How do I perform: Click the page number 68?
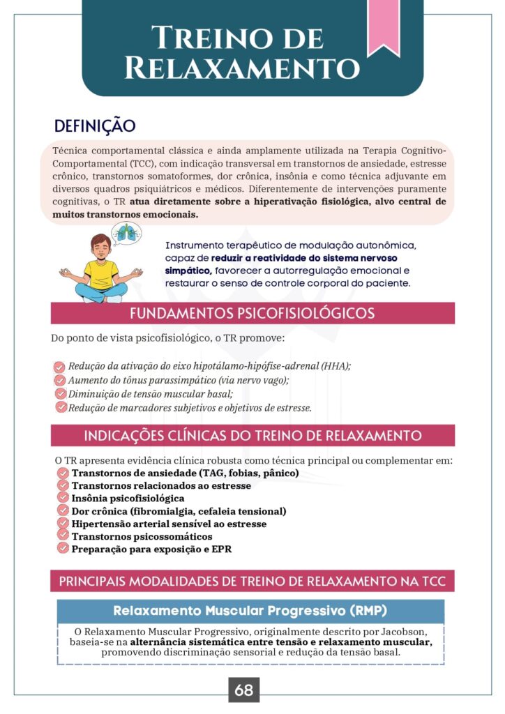pos(243,690)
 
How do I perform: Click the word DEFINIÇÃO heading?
pos(94,126)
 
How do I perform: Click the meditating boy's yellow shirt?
pos(103,274)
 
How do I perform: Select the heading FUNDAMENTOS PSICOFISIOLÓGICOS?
pos(252,313)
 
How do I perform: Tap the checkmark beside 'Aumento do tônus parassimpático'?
pos(60,380)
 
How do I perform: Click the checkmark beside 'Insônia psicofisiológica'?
pos(63,499)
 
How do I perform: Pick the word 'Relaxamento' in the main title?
pos(242,68)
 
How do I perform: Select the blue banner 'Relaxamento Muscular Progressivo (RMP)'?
pos(250,611)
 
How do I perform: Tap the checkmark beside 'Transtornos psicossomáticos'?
pos(63,536)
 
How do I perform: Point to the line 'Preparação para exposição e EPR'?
pos(151,549)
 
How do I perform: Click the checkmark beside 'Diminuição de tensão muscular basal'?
pos(60,394)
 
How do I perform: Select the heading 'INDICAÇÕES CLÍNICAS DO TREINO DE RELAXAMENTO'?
pos(252,436)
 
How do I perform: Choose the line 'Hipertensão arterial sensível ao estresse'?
pos(169,524)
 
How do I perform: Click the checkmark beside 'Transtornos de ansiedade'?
pos(63,473)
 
